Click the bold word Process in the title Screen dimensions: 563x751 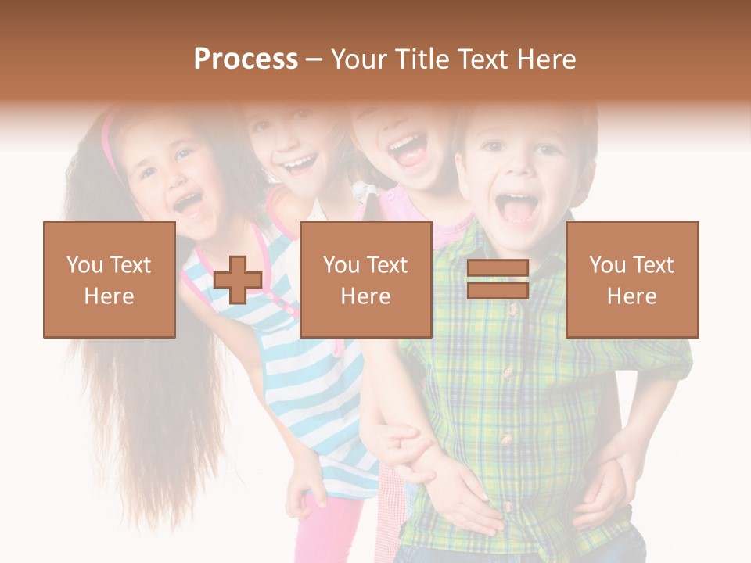click(x=246, y=59)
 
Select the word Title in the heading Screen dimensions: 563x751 click(x=426, y=59)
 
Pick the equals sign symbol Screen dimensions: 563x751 click(x=498, y=280)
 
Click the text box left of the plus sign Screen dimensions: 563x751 click(x=110, y=280)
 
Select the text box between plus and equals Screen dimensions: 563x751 click(x=365, y=280)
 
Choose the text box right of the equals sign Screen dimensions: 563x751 click(x=632, y=280)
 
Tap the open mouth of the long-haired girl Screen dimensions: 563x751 click(x=189, y=204)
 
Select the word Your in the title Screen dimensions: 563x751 click(x=359, y=59)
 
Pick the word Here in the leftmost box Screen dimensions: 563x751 click(x=110, y=296)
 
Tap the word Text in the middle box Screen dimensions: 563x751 click(x=386, y=265)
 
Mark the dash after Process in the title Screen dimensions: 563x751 click(x=314, y=59)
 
